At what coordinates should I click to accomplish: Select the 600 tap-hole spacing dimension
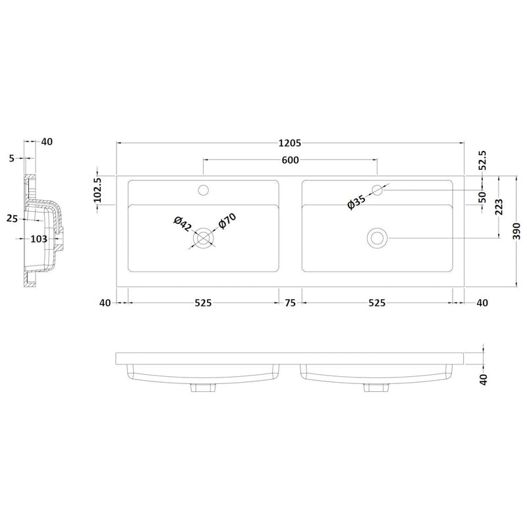pyautogui.click(x=291, y=160)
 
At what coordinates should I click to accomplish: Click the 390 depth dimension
pyautogui.click(x=518, y=231)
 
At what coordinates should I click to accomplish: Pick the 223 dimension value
pyautogui.click(x=499, y=208)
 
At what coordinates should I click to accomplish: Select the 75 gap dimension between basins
pyautogui.click(x=290, y=304)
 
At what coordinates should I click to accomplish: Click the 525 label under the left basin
pyautogui.click(x=202, y=304)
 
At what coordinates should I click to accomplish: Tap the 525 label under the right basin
pyautogui.click(x=376, y=304)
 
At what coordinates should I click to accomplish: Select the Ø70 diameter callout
pyautogui.click(x=227, y=223)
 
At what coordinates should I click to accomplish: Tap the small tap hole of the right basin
pyautogui.click(x=377, y=190)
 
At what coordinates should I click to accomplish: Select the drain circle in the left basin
pyautogui.click(x=204, y=237)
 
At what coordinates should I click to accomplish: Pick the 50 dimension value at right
pyautogui.click(x=482, y=196)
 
